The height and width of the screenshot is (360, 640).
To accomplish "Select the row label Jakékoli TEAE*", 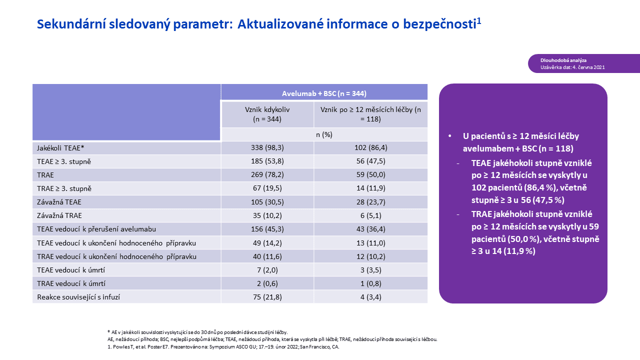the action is (60, 148).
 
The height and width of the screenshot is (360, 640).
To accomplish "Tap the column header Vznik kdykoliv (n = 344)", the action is (267, 114).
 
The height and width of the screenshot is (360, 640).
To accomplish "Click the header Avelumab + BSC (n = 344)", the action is (324, 93).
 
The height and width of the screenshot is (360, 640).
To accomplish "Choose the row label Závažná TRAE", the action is (59, 215).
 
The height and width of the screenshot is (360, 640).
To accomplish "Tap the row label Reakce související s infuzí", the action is (78, 297).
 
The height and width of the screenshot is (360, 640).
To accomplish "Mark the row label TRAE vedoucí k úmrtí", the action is (71, 283).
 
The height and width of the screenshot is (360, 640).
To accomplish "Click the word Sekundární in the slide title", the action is (71, 24).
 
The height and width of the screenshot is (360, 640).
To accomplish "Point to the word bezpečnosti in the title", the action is (439, 24).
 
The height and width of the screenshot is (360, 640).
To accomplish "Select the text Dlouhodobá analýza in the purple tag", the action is (563, 60).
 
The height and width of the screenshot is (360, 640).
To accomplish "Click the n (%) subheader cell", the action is (324, 134).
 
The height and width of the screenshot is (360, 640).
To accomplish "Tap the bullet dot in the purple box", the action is (449, 136).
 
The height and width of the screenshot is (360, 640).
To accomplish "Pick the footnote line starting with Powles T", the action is (223, 347).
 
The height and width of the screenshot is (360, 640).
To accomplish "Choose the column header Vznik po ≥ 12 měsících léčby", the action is (370, 114).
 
